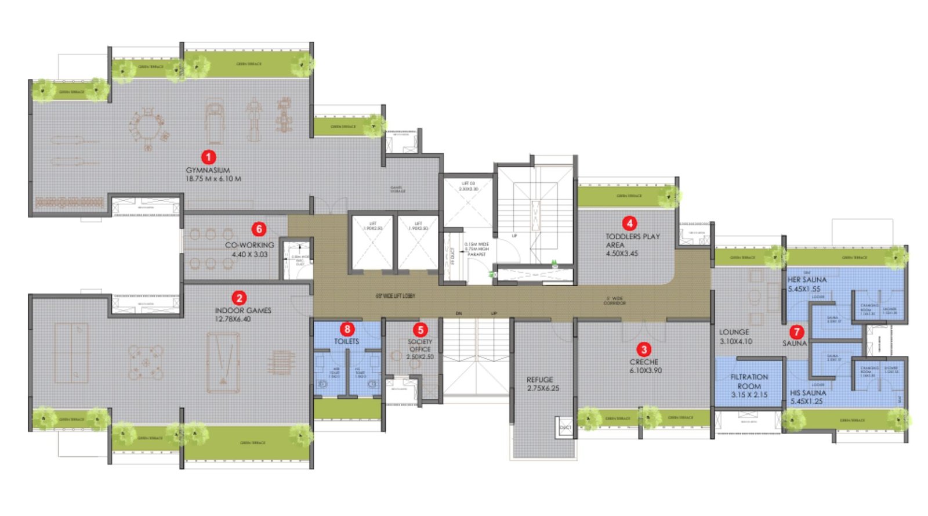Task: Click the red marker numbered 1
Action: tap(208, 157)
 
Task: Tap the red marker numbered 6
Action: tap(259, 229)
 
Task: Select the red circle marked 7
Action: tap(797, 331)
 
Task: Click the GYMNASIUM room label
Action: tap(208, 171)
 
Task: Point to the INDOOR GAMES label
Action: tap(243, 311)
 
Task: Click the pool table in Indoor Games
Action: tap(223, 362)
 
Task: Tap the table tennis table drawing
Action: tap(71, 353)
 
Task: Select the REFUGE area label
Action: tap(540, 380)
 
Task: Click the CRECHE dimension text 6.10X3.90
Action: tap(646, 370)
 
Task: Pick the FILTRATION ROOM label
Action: tap(749, 381)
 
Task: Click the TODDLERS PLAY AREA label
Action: tap(632, 241)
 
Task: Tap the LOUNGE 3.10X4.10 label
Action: tap(735, 337)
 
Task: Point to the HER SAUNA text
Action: tap(807, 280)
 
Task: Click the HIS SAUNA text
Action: tap(808, 393)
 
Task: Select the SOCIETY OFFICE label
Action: tap(420, 345)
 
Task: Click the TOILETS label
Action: tap(346, 341)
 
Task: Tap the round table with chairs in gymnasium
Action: tap(147, 127)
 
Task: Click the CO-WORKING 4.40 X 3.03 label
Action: tap(249, 250)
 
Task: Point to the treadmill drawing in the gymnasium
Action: tap(214, 122)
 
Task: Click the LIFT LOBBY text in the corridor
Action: tap(395, 296)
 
